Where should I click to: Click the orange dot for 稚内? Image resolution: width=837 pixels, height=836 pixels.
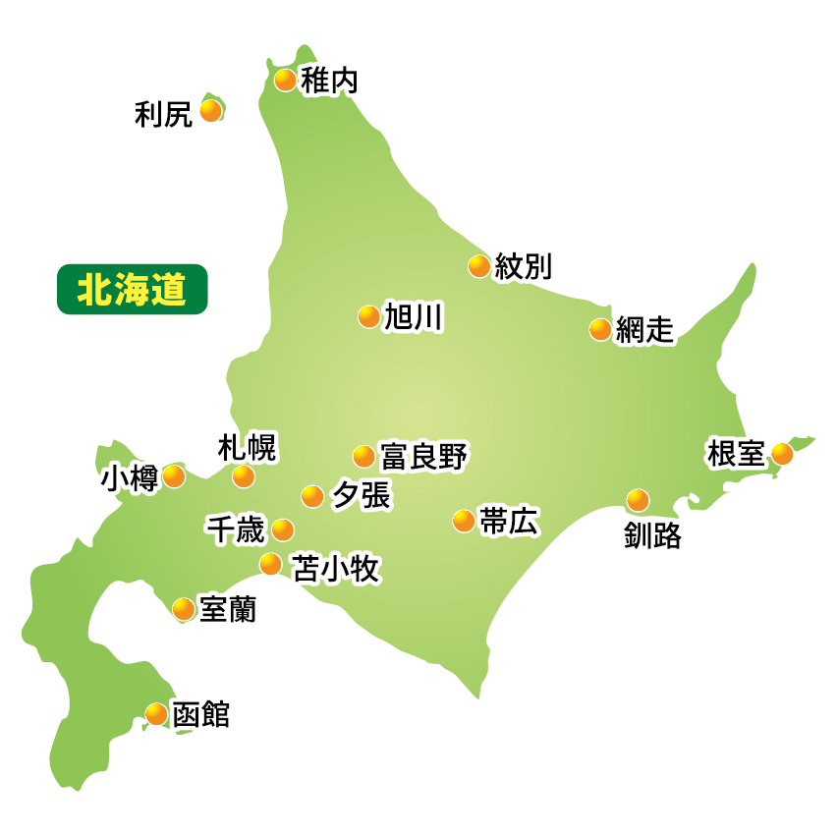(x=285, y=80)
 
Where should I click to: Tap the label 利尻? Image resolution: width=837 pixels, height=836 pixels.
(x=163, y=115)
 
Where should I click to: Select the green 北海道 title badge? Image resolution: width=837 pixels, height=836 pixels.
(x=133, y=290)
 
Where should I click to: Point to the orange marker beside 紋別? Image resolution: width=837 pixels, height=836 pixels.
(x=479, y=265)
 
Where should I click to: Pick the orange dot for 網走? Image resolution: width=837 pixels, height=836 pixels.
(x=600, y=329)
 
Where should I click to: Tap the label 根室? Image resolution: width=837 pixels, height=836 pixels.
(x=735, y=454)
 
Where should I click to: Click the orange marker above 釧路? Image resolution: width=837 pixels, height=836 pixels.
(x=639, y=500)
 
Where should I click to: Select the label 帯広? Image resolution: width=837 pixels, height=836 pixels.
(x=509, y=522)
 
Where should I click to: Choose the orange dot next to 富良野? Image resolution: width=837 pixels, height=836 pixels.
(x=363, y=456)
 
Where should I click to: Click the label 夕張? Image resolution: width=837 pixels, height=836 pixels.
(x=361, y=497)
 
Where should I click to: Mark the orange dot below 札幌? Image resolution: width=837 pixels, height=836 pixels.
(x=244, y=476)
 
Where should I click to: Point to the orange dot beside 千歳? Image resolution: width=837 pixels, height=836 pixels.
(x=283, y=529)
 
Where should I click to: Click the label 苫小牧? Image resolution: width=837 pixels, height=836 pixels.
(x=335, y=568)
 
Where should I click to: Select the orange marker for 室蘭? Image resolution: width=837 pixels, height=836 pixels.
(x=184, y=609)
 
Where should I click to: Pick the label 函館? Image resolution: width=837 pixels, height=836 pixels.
(x=200, y=714)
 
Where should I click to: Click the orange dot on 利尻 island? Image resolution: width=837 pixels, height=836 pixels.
(x=210, y=110)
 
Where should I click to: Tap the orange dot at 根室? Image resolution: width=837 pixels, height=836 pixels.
(x=782, y=453)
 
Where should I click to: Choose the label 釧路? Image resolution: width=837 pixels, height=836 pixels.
(x=652, y=536)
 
